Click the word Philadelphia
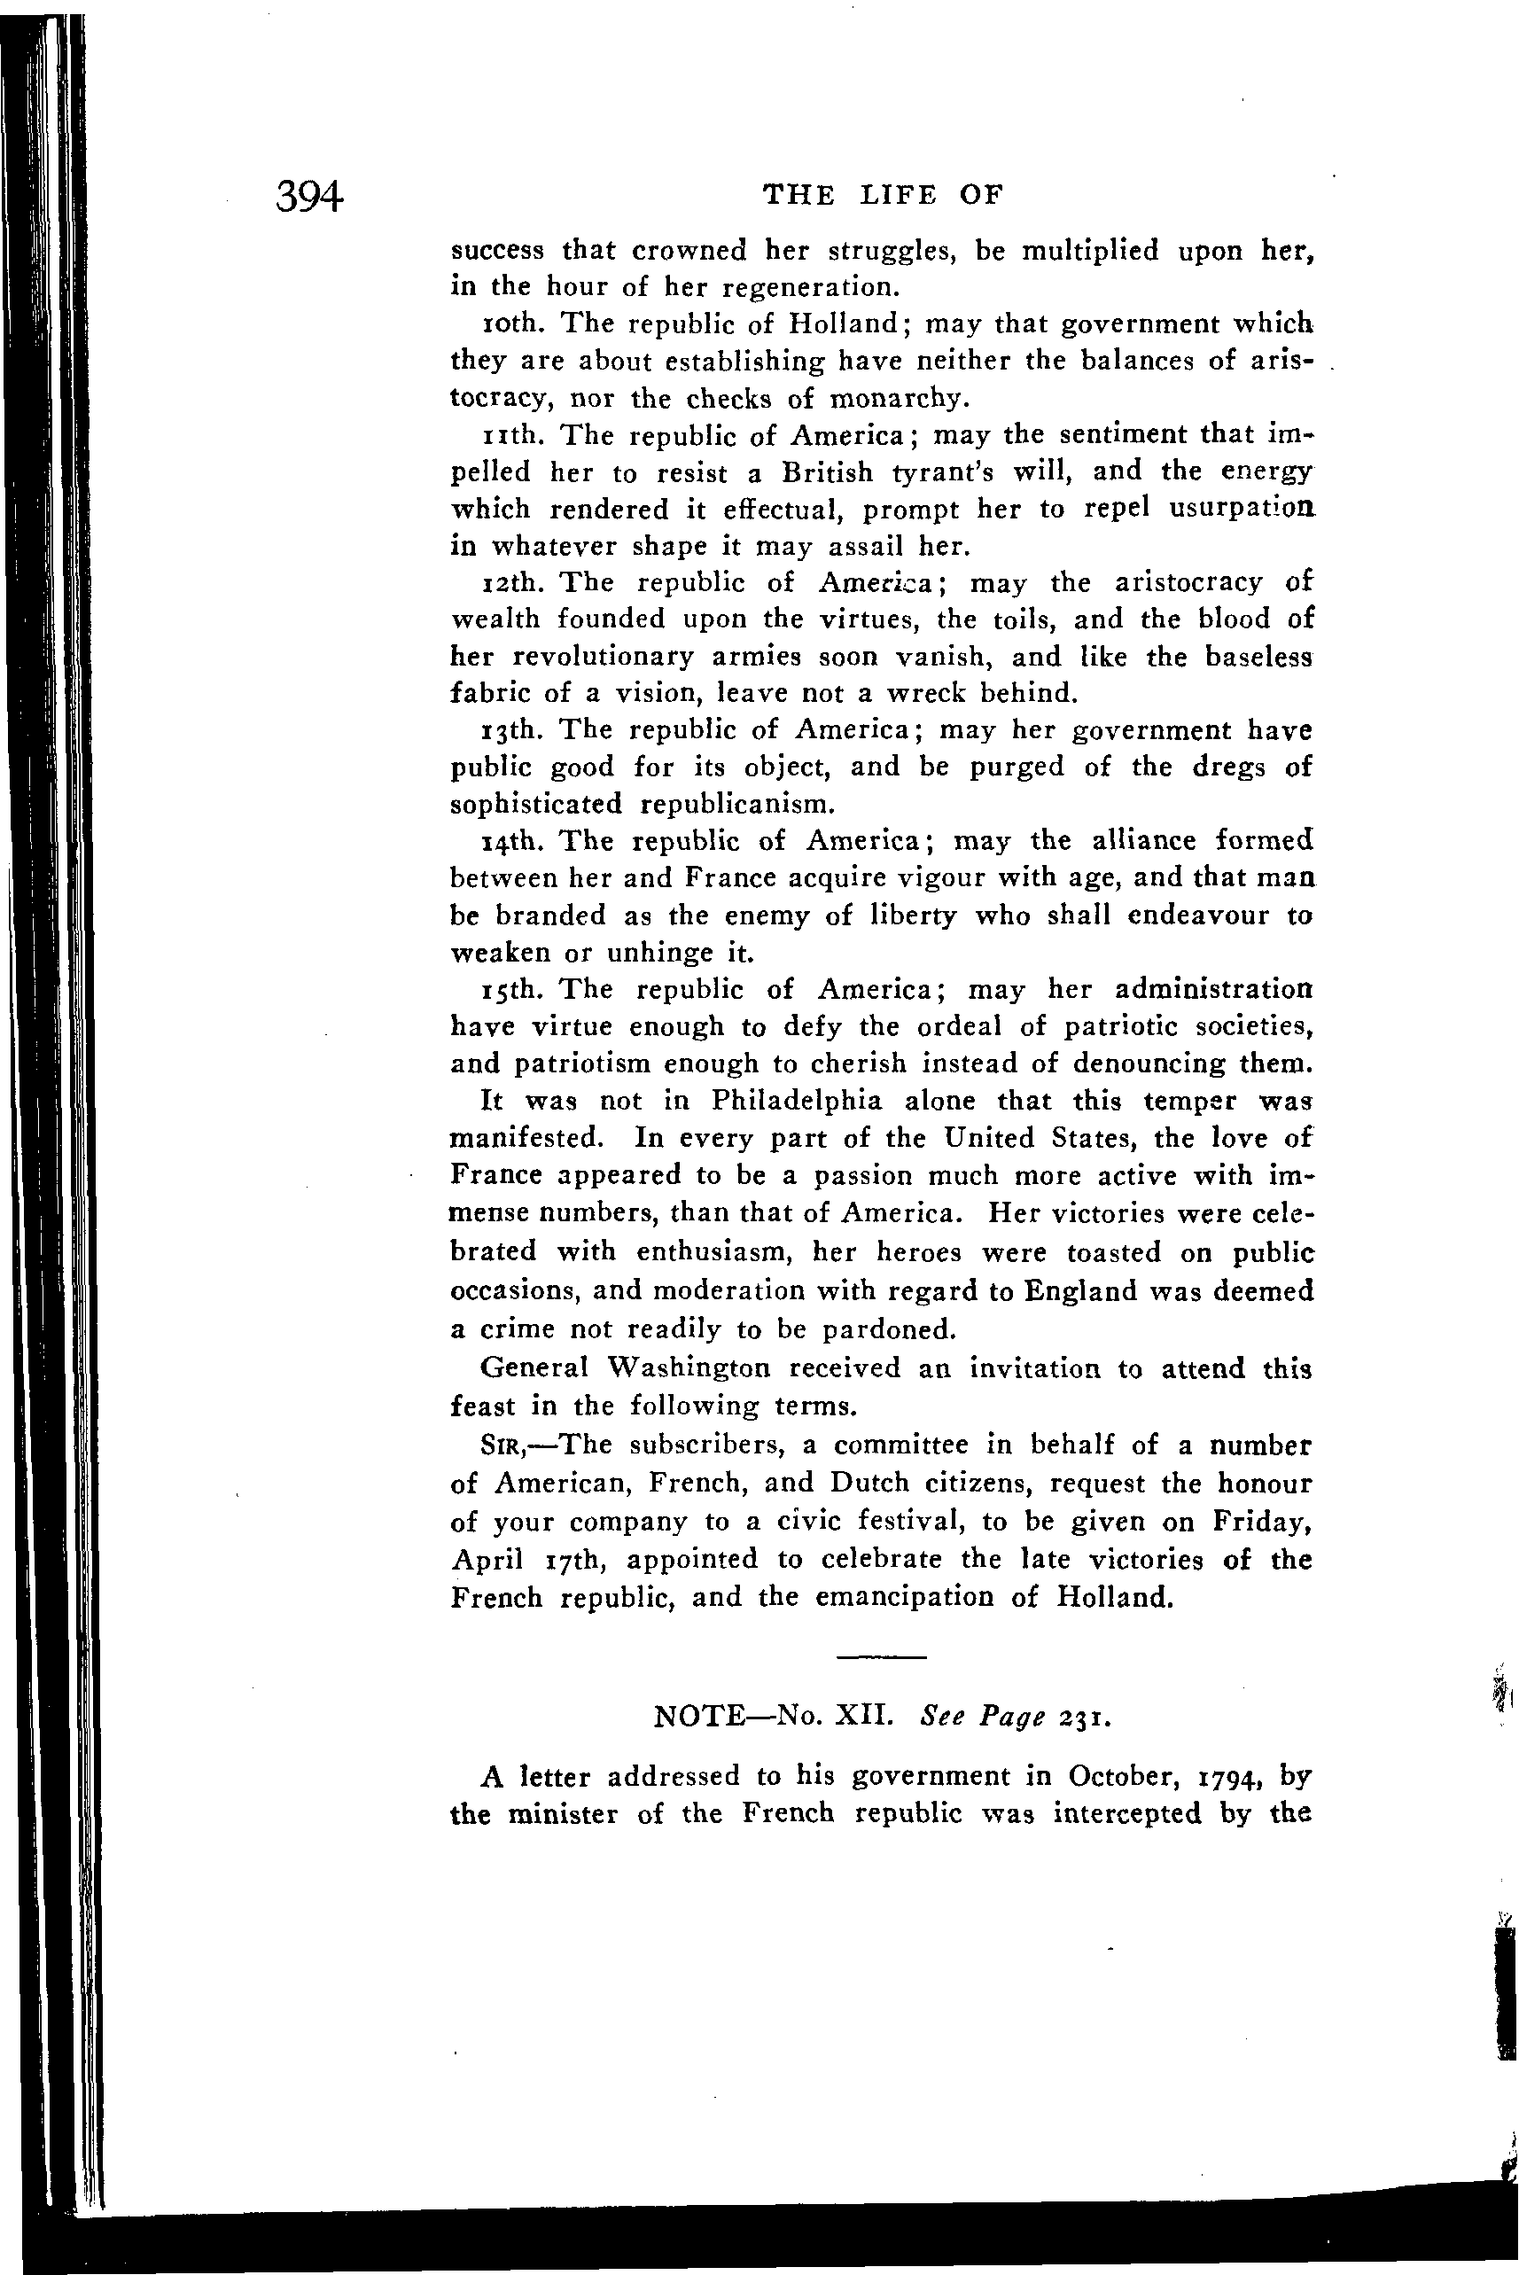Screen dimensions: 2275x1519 pyautogui.click(x=797, y=1102)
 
